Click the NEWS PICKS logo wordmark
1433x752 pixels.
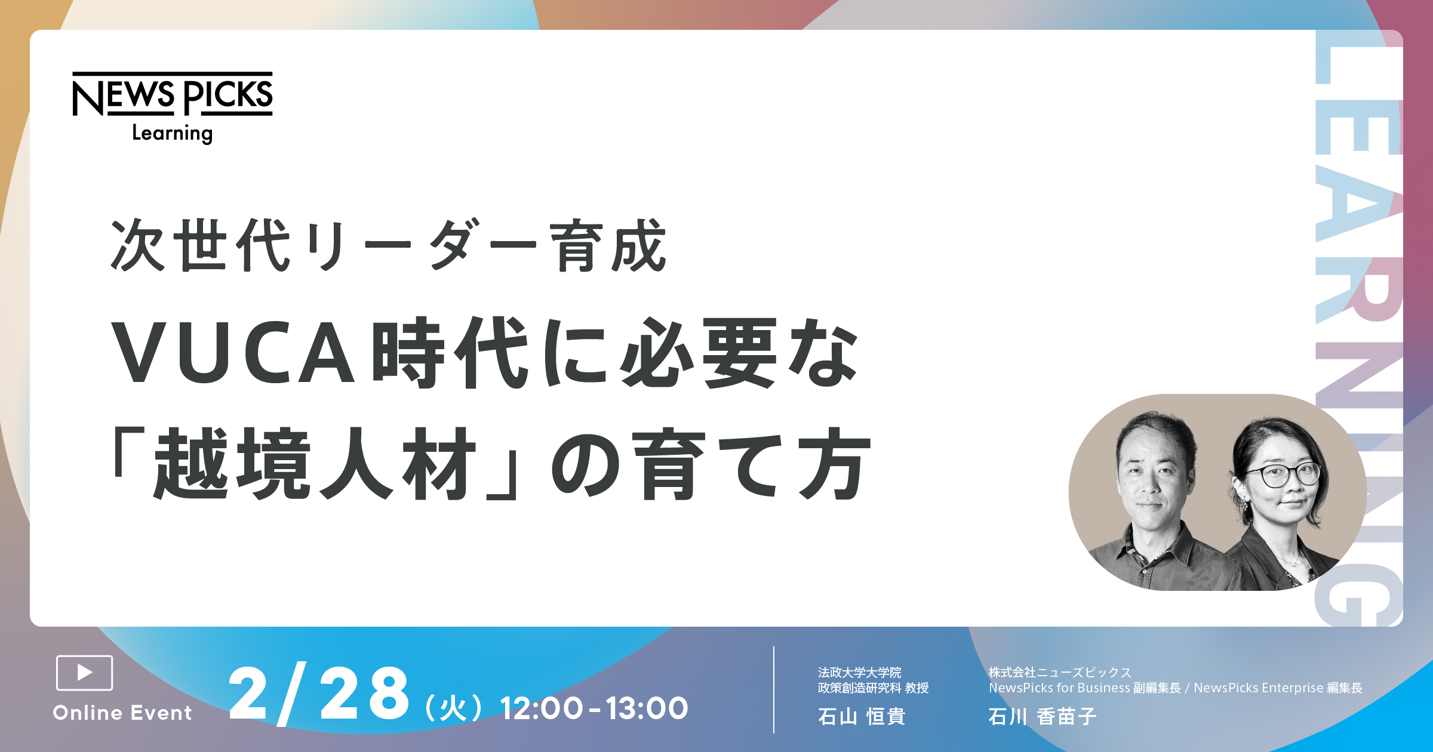tap(173, 94)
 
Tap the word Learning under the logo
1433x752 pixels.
tap(173, 133)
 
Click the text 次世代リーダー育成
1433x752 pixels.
tap(389, 246)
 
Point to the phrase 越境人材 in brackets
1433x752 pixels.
tap(314, 463)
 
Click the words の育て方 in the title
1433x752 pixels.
tap(711, 463)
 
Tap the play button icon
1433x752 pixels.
tap(84, 673)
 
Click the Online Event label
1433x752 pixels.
tap(122, 713)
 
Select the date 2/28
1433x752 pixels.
tap(319, 695)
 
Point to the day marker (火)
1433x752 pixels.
tap(453, 708)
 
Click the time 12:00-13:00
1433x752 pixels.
tap(594, 708)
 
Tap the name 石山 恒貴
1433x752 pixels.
tap(862, 716)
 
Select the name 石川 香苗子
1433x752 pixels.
tap(1043, 716)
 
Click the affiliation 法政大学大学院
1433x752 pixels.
tap(860, 673)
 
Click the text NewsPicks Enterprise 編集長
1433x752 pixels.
tap(1278, 688)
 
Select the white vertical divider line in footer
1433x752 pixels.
tap(774, 689)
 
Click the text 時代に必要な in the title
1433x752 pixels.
tap(616, 352)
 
